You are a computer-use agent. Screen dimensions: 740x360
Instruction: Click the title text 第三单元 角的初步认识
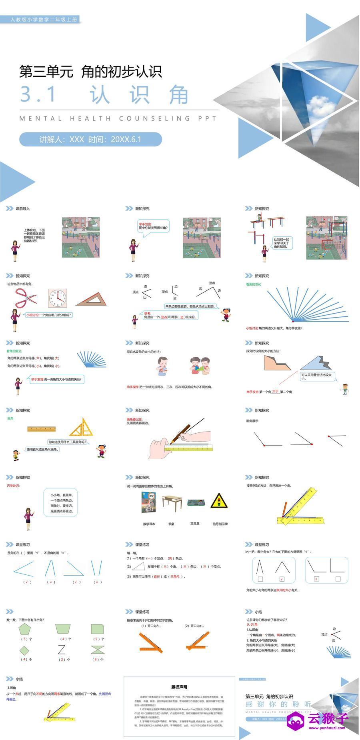[x=91, y=72]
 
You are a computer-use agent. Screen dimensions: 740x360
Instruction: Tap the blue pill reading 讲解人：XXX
[x=90, y=139]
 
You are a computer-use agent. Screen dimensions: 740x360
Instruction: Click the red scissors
[x=26, y=298]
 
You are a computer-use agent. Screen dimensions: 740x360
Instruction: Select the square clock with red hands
[x=57, y=298]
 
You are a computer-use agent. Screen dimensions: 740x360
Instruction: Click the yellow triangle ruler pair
[x=83, y=428]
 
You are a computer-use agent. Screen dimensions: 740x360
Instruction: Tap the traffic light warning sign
[x=219, y=501]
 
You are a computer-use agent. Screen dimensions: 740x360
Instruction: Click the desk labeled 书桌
[x=172, y=502]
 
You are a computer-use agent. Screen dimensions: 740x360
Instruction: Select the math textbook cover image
[x=148, y=502]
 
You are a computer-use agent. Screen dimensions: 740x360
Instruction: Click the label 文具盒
[x=195, y=523]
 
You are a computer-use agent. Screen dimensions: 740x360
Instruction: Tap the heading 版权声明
[x=179, y=687]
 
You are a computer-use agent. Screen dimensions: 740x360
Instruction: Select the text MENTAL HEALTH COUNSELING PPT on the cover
[x=118, y=118]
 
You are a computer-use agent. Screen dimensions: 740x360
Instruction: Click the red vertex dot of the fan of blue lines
[x=293, y=321]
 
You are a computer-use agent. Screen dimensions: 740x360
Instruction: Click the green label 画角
[x=10, y=418]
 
